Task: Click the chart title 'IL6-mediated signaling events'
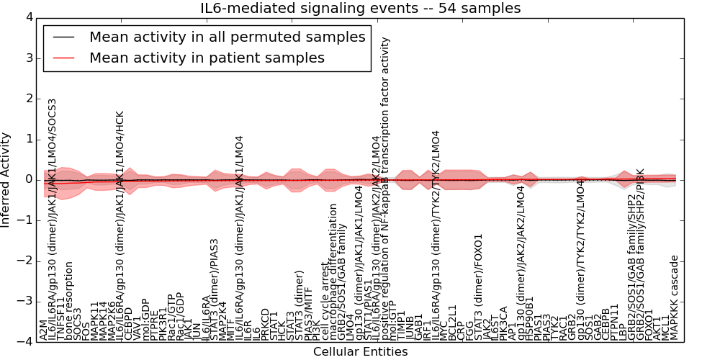(360, 8)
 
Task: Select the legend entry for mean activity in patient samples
(207, 58)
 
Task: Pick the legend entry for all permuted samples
(227, 37)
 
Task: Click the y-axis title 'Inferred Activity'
(6, 179)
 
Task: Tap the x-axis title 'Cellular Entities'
(360, 351)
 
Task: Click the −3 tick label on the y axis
(24, 301)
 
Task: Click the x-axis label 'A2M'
(44, 332)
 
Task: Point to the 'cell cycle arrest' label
(325, 302)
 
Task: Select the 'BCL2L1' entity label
(452, 322)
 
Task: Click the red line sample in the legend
(63, 58)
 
